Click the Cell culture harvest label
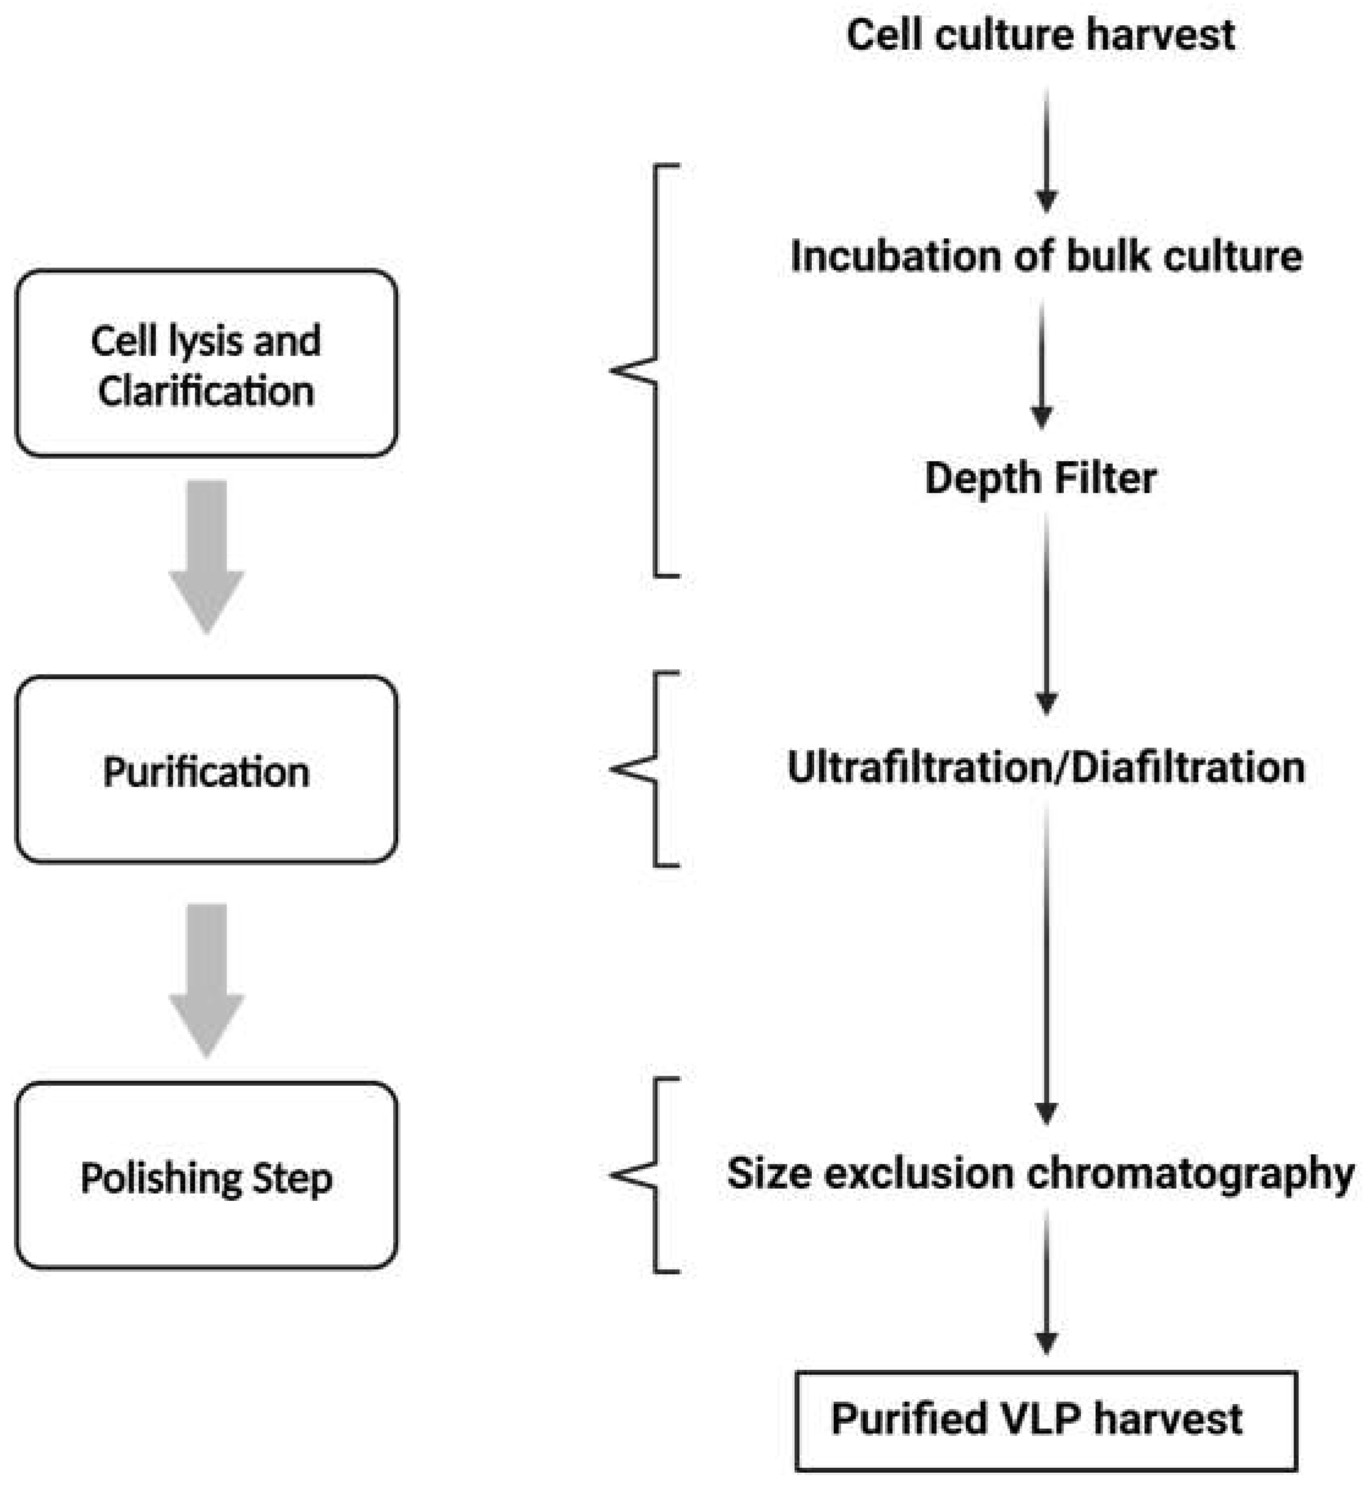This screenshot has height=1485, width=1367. (1040, 35)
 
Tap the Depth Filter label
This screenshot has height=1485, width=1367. (1040, 479)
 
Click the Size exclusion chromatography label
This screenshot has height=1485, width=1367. (1040, 1173)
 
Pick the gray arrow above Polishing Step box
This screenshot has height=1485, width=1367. (206, 979)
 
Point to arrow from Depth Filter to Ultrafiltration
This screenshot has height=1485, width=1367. (1046, 614)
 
